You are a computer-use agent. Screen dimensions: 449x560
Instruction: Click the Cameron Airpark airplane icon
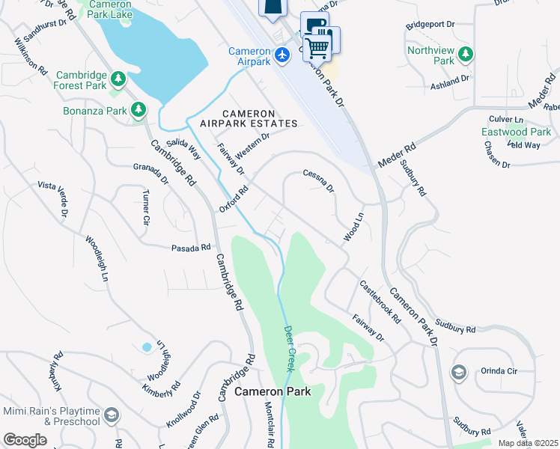point(282,55)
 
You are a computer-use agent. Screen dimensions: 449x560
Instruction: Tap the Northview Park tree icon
point(466,54)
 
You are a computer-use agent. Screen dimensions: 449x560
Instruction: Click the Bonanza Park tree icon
point(138,111)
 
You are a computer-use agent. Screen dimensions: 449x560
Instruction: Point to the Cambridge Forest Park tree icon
point(118,79)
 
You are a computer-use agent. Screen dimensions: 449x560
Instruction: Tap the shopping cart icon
point(319,47)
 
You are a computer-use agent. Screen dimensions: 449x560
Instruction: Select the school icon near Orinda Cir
point(458,372)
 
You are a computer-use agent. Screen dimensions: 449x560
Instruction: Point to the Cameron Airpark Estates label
point(249,117)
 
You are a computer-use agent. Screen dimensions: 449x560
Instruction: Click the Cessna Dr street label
point(318,180)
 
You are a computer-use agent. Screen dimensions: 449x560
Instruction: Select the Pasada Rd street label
point(191,248)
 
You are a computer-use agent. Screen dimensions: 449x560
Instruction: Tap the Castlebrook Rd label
point(380,302)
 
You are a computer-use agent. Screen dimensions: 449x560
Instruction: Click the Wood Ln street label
point(353,227)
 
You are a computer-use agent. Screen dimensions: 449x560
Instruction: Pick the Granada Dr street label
point(151,174)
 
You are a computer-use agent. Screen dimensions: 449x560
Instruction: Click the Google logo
point(25,440)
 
